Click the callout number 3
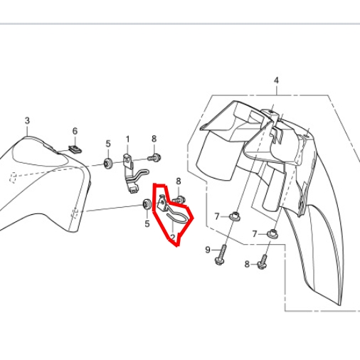tap(27, 120)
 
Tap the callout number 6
tap(75, 131)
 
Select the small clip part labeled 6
tap(75, 149)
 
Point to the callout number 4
tap(276, 80)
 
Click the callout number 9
tap(208, 250)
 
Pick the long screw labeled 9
tap(221, 255)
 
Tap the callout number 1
tap(128, 139)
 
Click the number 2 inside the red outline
tap(173, 237)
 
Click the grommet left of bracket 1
tap(108, 163)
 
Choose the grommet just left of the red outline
tap(147, 204)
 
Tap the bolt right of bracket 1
tap(154, 157)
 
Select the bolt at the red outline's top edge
tap(179, 199)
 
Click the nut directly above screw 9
tap(235, 216)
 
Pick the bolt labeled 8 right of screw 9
tap(263, 262)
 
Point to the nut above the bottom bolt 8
tap(272, 233)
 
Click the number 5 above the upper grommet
tap(108, 144)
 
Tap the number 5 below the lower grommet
tap(147, 223)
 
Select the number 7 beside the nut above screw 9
tap(217, 216)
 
